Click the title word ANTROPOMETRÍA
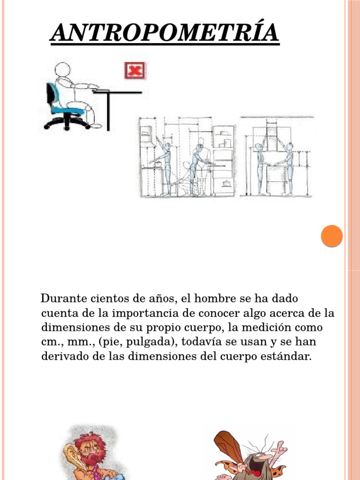[x=165, y=32]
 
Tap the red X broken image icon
[x=135, y=70]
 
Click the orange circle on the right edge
[x=332, y=236]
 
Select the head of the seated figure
[x=63, y=69]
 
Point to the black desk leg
[x=108, y=111]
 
